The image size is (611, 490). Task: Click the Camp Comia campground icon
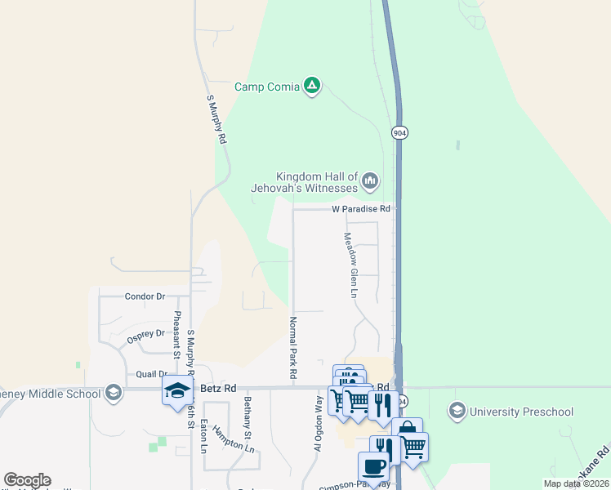tap(311, 85)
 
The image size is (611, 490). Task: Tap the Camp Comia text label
tap(267, 87)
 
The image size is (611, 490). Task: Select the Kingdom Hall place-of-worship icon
tap(369, 180)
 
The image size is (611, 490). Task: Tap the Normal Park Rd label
tap(292, 346)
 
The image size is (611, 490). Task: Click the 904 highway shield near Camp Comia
tap(399, 132)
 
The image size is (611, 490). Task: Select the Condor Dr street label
tap(145, 296)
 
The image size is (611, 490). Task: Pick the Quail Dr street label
tap(151, 374)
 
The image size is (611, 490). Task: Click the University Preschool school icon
tap(457, 411)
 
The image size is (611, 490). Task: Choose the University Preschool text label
tap(522, 411)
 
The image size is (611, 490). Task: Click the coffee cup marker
tap(374, 466)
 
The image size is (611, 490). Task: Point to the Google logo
tap(27, 480)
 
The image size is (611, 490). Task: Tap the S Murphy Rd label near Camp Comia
tap(216, 120)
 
